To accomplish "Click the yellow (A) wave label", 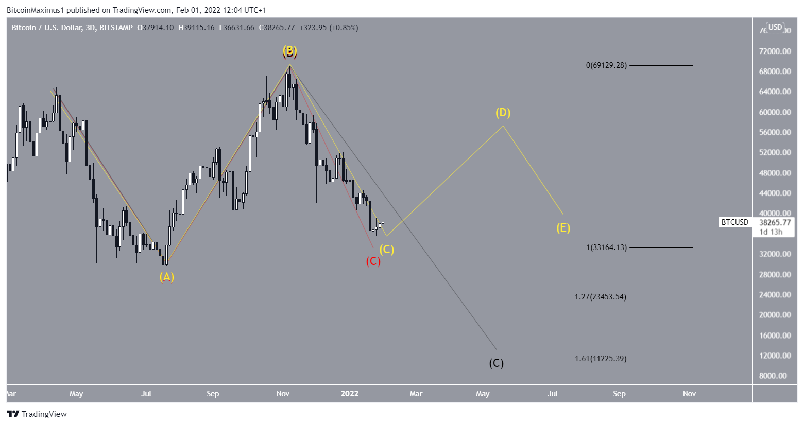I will (x=166, y=277).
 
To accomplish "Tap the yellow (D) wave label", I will (x=503, y=113).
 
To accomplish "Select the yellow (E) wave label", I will (x=563, y=228).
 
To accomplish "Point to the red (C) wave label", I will (x=373, y=261).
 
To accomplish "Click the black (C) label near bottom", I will (x=496, y=363).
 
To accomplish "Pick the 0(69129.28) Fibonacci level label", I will (x=606, y=65).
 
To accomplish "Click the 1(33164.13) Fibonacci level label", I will (x=606, y=247).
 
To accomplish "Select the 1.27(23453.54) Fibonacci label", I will (x=601, y=297).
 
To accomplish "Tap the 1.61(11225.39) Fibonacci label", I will (x=601, y=359).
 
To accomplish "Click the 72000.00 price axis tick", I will (x=775, y=51).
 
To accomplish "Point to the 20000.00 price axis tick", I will (x=775, y=315).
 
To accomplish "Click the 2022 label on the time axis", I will (x=349, y=394).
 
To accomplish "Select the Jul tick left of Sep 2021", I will (x=146, y=394).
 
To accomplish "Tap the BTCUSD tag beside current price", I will (x=734, y=222).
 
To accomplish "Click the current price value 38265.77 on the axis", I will (x=775, y=223).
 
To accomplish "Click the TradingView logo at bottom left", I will (x=37, y=414).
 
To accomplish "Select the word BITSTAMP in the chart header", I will (x=116, y=28).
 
